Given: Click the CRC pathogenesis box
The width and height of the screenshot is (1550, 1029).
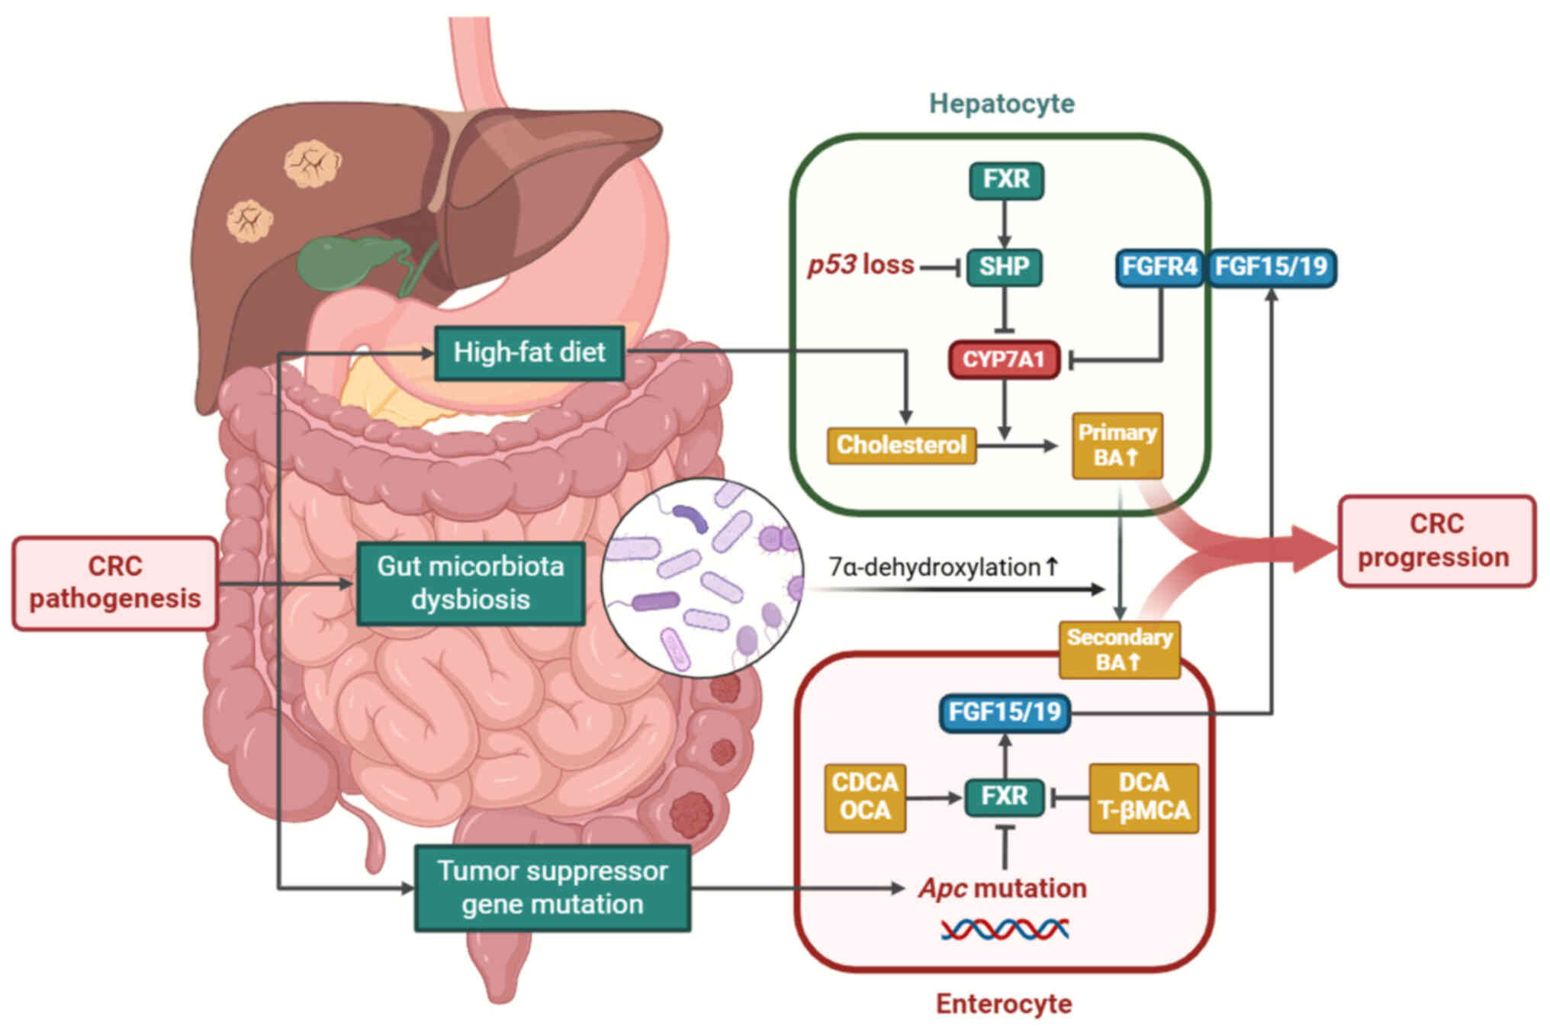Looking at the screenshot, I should coord(115,583).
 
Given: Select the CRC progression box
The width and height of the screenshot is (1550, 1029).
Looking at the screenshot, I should coord(1436,541).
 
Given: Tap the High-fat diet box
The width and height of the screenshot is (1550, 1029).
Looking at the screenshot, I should coord(529,352).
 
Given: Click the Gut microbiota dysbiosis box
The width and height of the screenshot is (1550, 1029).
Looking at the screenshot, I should coord(471,583).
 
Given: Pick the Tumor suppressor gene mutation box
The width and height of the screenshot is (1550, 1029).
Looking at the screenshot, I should coord(552,888).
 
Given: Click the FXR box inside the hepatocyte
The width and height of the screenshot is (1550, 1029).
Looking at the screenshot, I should coord(1006,180).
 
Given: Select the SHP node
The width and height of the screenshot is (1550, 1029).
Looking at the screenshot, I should coord(1004,267).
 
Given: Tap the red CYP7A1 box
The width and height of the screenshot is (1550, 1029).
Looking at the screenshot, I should coord(1004,359).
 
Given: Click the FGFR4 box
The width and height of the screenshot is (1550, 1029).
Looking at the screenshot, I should coord(1159,268).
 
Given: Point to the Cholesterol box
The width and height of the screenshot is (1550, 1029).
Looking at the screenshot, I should coord(901,445).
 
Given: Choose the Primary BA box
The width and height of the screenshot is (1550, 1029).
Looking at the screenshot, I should coord(1117,445).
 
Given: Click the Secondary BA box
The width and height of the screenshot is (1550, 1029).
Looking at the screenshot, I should coord(1119,649).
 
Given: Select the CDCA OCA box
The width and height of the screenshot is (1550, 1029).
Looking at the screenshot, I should coord(865,797).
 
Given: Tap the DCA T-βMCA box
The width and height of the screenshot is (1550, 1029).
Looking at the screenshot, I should coord(1143,797).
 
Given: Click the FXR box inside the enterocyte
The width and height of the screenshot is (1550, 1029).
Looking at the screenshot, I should coord(1004,797).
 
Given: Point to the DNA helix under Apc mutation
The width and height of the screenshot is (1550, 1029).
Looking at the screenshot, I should coord(1004,928).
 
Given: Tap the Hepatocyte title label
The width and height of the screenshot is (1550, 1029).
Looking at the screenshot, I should coord(1002,104).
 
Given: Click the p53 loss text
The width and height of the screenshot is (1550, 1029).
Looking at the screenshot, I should coord(860,265).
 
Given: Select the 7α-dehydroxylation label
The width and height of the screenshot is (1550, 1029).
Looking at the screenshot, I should coord(944,568).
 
